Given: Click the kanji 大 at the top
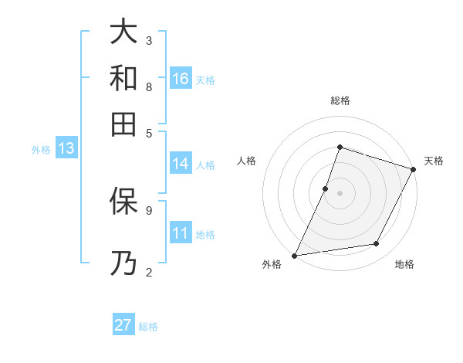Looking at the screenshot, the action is click(123, 33).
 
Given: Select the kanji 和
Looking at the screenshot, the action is click(123, 78).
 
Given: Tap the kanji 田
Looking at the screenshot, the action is click(123, 123).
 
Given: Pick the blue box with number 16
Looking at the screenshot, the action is click(181, 79).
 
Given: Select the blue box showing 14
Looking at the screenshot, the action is click(181, 164).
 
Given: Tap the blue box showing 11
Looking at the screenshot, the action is click(181, 233).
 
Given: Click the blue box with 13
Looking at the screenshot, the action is click(66, 149).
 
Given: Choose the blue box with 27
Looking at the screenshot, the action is click(123, 325).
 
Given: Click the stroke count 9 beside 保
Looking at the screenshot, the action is click(149, 209).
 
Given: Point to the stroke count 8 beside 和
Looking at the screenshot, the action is click(149, 87).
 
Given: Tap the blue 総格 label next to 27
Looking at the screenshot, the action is click(149, 327).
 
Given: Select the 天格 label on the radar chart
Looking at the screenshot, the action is click(434, 161).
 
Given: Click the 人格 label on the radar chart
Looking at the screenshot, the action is click(247, 161).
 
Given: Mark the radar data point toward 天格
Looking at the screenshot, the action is click(414, 169).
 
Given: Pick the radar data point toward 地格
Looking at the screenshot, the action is click(377, 244).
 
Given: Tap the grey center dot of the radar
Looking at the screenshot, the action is click(340, 193).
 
